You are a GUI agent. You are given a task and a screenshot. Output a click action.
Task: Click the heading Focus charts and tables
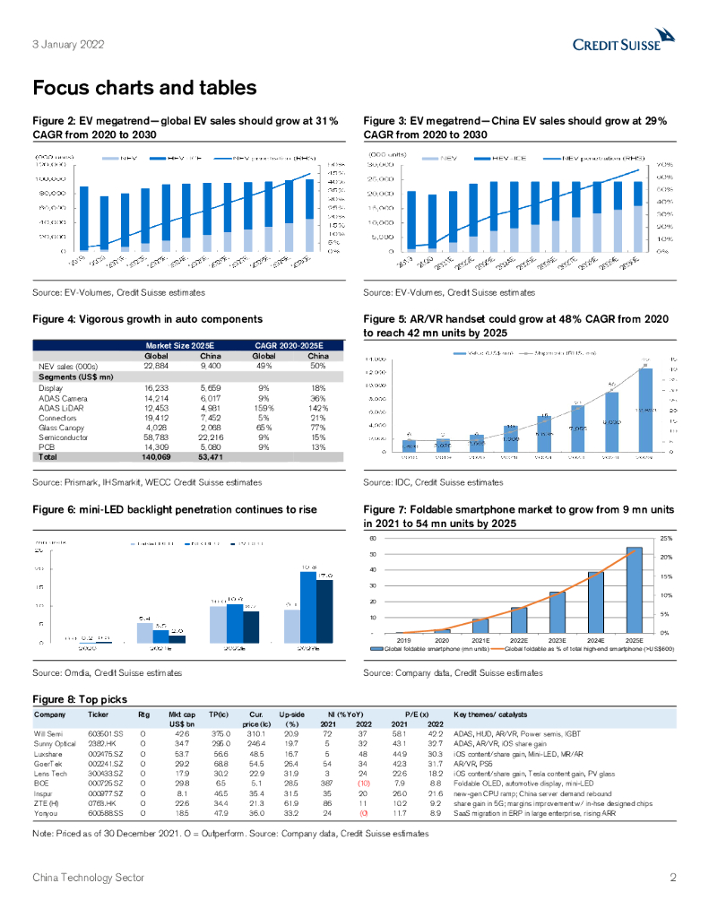[144, 88]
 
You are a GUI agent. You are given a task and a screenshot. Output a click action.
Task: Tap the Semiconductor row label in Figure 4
[63, 438]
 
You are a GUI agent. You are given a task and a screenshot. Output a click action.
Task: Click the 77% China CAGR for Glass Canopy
[316, 429]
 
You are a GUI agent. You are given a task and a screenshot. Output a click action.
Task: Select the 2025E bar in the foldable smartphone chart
[634, 589]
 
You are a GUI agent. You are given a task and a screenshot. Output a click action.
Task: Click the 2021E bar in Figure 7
[480, 625]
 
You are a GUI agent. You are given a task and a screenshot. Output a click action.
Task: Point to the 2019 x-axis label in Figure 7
[403, 640]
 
